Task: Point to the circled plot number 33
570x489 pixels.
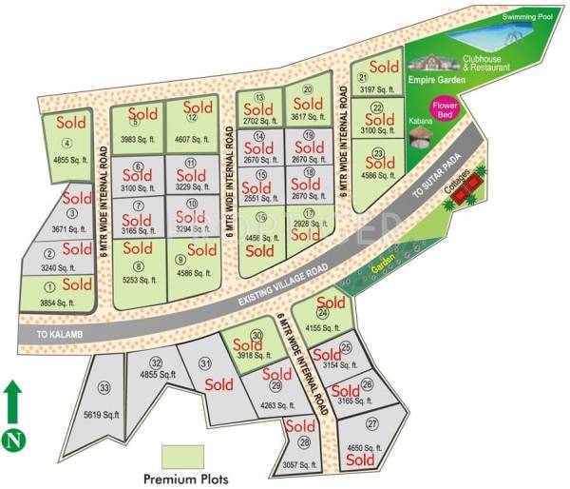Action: [x=104, y=387]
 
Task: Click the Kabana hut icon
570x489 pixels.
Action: [x=418, y=140]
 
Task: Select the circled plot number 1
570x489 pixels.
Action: [x=50, y=284]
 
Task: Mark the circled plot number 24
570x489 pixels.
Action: [x=323, y=313]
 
